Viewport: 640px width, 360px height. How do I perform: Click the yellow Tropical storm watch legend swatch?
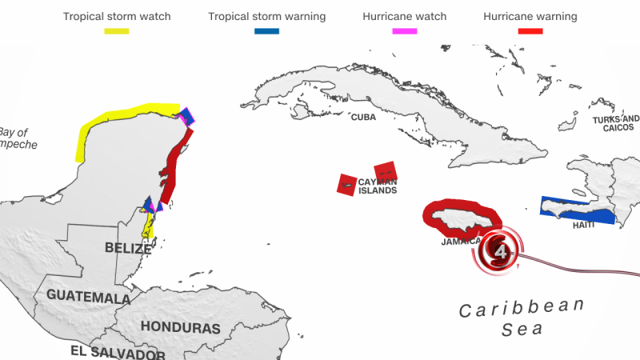116,30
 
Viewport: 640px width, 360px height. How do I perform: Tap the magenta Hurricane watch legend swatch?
404,30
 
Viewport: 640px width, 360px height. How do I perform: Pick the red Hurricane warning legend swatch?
530,30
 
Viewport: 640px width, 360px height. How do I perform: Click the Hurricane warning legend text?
530,16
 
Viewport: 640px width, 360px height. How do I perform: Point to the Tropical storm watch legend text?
116,16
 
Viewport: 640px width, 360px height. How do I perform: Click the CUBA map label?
363,118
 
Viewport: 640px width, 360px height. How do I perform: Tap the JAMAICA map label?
461,241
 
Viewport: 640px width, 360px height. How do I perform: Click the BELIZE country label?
127,248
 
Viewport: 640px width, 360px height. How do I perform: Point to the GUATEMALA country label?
88,296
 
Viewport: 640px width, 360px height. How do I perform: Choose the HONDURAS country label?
180,327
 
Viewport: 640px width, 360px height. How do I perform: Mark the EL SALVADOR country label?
118,353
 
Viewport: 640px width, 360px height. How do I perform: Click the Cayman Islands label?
377,186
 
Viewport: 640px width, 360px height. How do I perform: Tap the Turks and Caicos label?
616,123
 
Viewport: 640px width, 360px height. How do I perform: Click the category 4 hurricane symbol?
501,253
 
